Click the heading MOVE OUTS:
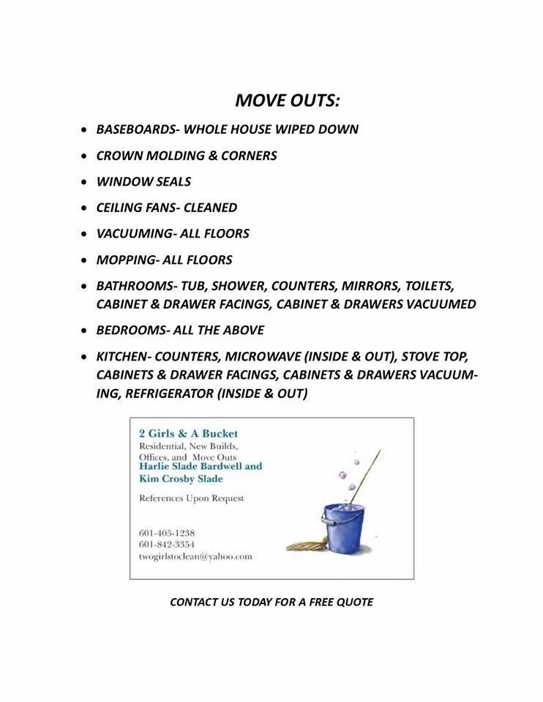click(x=288, y=99)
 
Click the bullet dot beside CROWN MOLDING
click(x=86, y=156)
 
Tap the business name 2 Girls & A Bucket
click(x=188, y=434)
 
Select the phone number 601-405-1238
click(x=166, y=533)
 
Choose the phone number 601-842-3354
click(x=166, y=545)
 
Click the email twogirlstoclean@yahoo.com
click(x=195, y=556)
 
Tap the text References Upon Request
click(x=191, y=498)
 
